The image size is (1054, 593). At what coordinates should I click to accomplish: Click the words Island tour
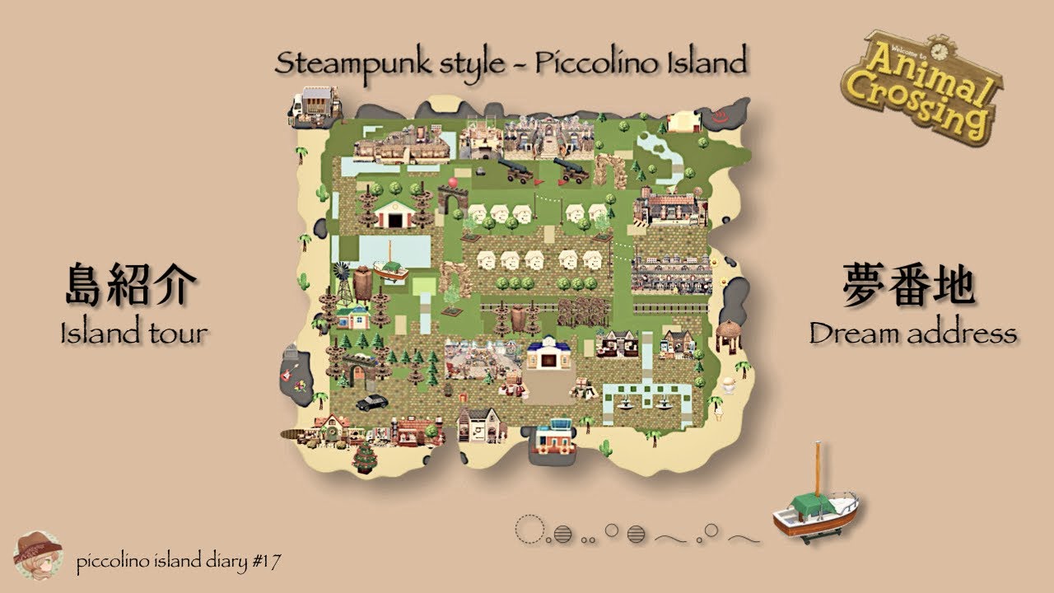(x=133, y=334)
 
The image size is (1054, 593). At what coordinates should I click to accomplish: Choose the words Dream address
(x=912, y=334)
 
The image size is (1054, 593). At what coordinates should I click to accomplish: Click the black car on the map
(x=372, y=402)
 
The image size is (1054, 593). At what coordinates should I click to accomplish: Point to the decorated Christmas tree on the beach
(x=364, y=456)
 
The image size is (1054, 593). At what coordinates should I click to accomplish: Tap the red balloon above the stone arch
(x=452, y=181)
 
